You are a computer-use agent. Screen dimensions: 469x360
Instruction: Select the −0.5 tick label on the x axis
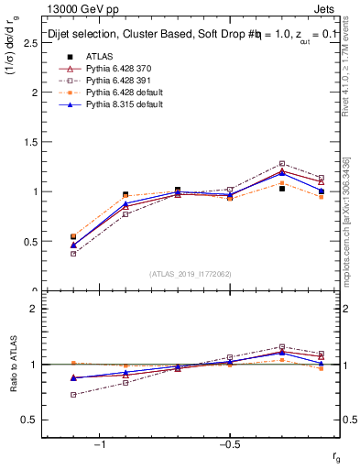pos(229,444)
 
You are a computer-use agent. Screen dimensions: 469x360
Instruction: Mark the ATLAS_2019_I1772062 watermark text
pos(190,274)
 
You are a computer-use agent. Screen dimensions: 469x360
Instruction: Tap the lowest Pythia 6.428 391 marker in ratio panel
pos(73,395)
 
